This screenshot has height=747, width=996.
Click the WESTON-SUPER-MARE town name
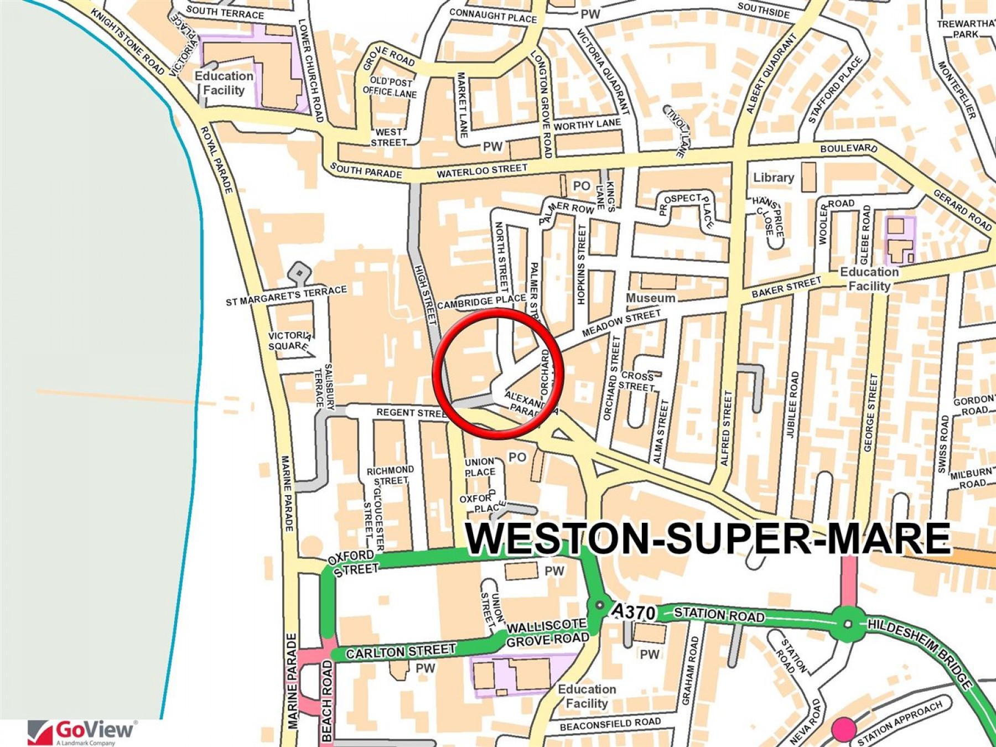[707, 538]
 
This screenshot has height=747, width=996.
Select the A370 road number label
[634, 612]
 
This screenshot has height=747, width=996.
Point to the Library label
[773, 178]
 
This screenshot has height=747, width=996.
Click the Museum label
[650, 298]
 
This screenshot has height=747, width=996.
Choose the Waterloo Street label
[482, 170]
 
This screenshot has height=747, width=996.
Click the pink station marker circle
[844, 729]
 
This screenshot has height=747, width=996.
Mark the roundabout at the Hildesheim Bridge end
[848, 624]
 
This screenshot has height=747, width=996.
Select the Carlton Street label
[401, 651]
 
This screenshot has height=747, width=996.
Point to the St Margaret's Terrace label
[286, 295]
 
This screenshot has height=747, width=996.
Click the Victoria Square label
[289, 341]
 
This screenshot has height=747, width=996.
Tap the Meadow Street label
[621, 323]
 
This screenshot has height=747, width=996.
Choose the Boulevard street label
[848, 148]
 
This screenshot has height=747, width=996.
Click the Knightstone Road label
[128, 42]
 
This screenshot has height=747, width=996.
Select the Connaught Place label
[492, 16]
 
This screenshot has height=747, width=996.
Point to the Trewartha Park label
[966, 29]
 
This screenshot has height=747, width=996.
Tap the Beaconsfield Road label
[610, 724]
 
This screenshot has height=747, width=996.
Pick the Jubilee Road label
[793, 404]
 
